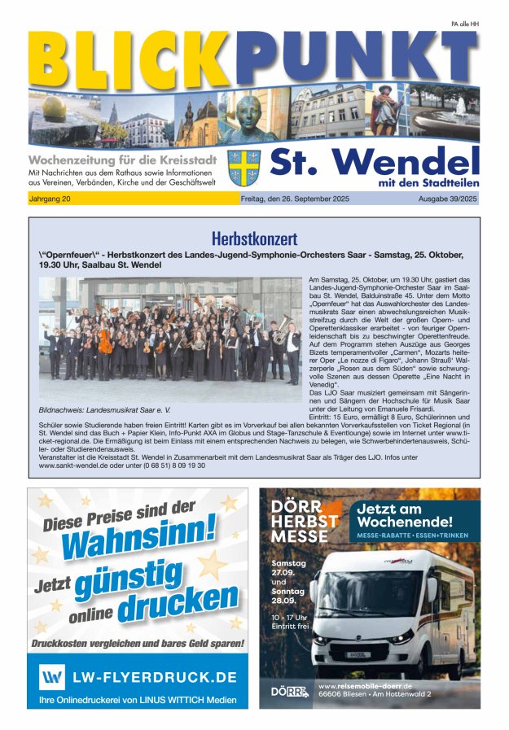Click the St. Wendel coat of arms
pos(244,168)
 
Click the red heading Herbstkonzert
pos(254,238)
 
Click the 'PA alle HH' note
pos(464,24)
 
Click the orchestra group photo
pos(170,339)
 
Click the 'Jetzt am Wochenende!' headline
pos(404,514)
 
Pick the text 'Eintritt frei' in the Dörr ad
pos(290,627)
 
